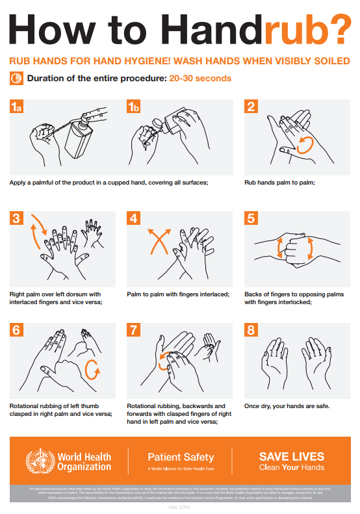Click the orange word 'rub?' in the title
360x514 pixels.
coord(304,29)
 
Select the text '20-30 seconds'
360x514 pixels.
coord(200,79)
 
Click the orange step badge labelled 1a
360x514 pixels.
coord(17,107)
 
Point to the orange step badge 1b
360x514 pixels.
coord(134,107)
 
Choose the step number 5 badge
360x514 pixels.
coord(251,219)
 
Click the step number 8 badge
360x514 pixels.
coord(251,330)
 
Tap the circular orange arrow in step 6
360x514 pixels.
coord(94,372)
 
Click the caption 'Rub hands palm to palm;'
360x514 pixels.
coord(279,183)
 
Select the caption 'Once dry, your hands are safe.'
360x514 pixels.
coord(287,406)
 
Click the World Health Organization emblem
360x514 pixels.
coord(38,461)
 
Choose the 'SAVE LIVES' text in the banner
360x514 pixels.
coord(291,456)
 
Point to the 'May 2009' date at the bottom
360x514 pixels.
coord(180,506)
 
